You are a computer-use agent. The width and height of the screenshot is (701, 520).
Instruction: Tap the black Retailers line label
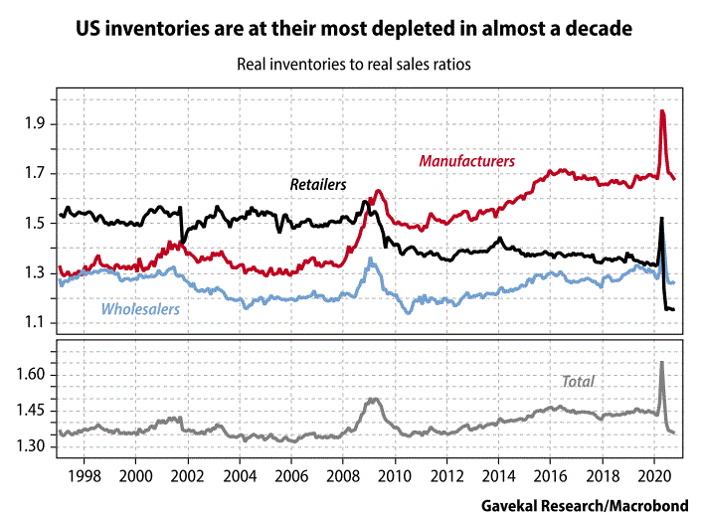point(317,184)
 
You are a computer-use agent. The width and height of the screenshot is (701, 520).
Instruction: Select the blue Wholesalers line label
point(140,309)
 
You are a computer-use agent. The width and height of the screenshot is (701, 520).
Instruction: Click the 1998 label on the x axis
point(84,476)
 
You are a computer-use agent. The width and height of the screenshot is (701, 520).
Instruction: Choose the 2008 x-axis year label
point(343,476)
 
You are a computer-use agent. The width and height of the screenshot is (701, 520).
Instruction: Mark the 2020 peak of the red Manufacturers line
point(663,110)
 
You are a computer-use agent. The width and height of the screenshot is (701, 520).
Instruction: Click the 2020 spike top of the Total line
point(662,362)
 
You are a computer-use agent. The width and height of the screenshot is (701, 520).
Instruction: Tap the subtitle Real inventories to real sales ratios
point(353,65)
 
